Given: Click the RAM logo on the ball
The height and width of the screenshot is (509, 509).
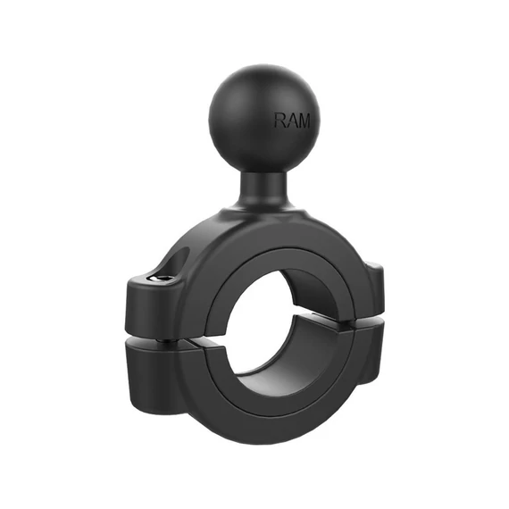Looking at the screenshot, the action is click(292, 121).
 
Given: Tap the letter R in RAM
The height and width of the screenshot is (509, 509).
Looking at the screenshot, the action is click(280, 121).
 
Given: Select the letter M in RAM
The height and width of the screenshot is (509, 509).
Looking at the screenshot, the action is click(304, 121).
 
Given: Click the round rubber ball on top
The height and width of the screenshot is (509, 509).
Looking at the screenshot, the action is click(264, 118).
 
